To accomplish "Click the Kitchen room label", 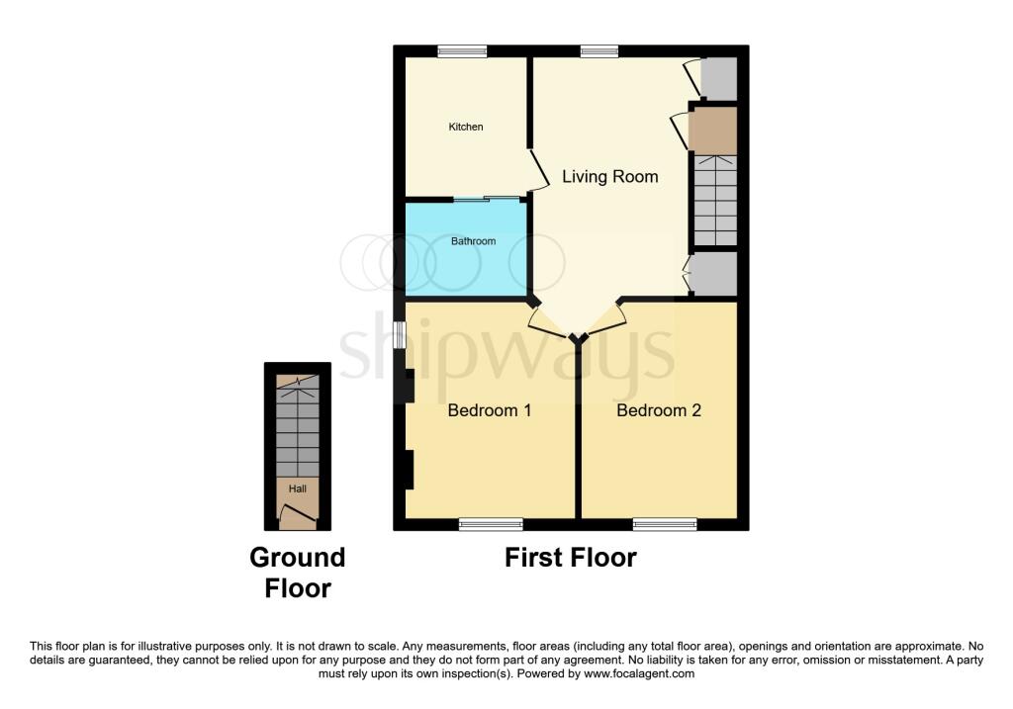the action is tap(466, 128).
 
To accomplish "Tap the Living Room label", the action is tap(609, 176).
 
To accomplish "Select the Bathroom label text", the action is tap(474, 241).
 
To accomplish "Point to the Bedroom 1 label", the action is tap(489, 410).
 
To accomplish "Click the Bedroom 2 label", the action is tap(658, 410).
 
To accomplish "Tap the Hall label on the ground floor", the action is tap(297, 488).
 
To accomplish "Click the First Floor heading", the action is tap(571, 558).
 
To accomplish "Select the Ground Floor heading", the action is tap(298, 573).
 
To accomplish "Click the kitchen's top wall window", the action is tap(462, 51).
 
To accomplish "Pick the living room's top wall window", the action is tap(599, 51).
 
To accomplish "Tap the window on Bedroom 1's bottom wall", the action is tap(491, 524).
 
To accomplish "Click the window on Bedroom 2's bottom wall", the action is tap(665, 524).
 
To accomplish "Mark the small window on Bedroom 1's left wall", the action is tap(400, 335).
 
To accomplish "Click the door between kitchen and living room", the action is tap(539, 170).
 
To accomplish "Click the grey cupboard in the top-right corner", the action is tap(719, 78).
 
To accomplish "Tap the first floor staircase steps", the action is tap(715, 200).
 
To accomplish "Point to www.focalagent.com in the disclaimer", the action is tap(639, 673).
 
